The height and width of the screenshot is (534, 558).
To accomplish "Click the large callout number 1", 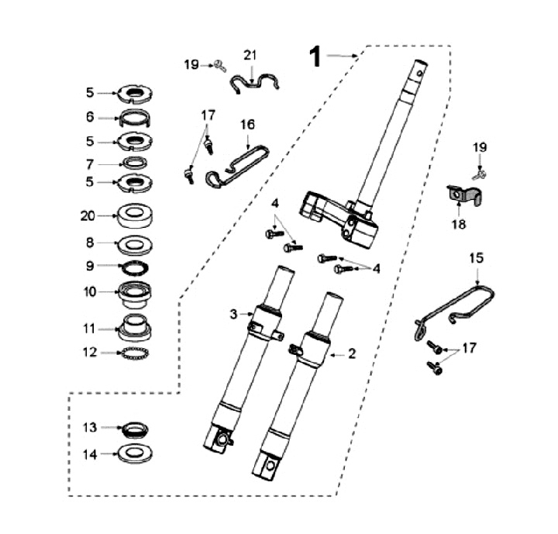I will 315,57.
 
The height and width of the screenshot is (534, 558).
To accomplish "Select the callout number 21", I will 250,54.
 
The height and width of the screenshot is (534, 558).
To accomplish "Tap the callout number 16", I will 247,124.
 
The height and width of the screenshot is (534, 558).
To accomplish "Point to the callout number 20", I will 88,216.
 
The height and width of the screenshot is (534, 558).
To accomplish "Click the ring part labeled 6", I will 134,119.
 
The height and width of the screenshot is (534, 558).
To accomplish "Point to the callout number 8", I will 90,242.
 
